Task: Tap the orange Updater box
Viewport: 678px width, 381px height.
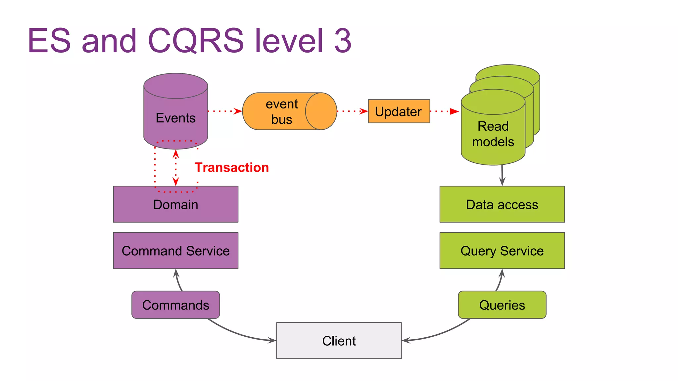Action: [x=399, y=111]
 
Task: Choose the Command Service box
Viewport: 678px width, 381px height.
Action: [x=175, y=251]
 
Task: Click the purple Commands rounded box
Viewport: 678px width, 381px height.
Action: [x=175, y=305]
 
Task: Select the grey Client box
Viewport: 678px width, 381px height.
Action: [x=339, y=341]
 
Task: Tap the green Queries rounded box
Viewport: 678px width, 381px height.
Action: [x=502, y=305]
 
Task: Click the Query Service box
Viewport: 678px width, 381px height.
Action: [x=502, y=251]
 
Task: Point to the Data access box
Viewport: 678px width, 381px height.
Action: [x=502, y=204]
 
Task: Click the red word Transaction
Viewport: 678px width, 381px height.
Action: [x=231, y=167]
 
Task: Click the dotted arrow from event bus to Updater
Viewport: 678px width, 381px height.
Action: [x=352, y=111]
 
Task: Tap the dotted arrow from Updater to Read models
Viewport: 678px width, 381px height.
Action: [x=444, y=111]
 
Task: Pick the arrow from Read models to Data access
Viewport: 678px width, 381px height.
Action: [x=502, y=175]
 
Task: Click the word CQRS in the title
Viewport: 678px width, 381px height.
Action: [x=195, y=41]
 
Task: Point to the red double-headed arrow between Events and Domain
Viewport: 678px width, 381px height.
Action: [x=176, y=168]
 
